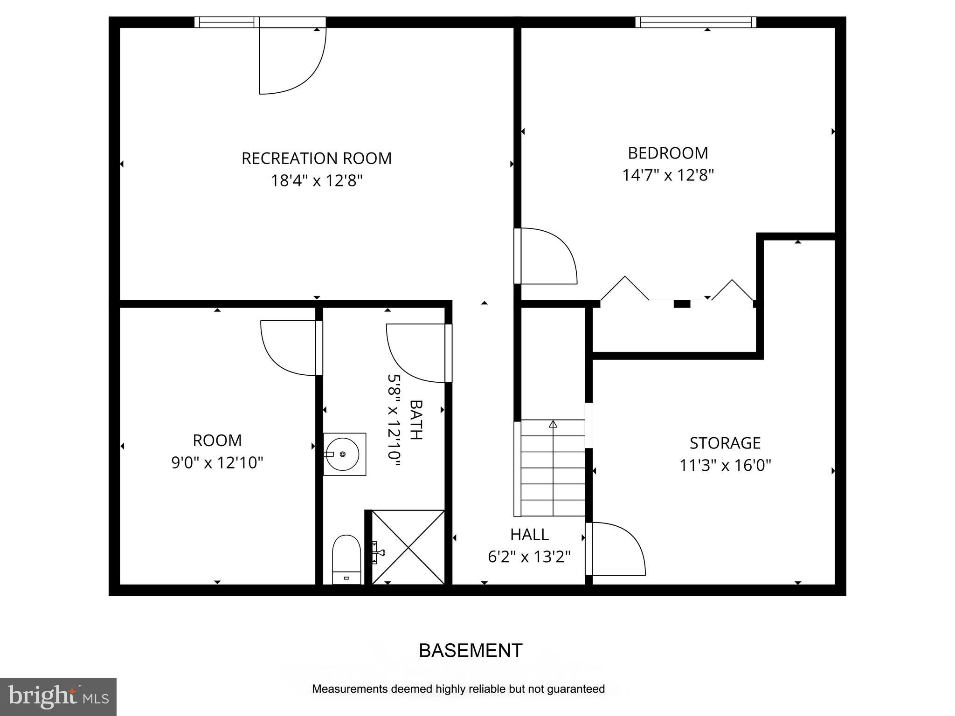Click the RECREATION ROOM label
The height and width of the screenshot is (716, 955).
[x=316, y=158]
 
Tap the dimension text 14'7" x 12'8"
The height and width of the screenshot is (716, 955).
[x=668, y=176]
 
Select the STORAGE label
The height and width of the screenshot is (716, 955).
[x=725, y=443]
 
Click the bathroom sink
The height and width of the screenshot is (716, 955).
[x=344, y=454]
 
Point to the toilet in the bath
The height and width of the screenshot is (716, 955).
[x=346, y=560]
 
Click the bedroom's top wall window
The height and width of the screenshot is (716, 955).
[x=695, y=22]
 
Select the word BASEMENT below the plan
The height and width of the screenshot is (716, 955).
[x=471, y=650]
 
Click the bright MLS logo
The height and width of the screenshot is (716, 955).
[x=58, y=696]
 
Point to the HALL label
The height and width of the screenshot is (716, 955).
[x=529, y=535]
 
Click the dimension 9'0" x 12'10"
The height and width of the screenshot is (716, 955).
[x=217, y=463]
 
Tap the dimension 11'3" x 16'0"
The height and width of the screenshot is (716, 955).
[x=725, y=465]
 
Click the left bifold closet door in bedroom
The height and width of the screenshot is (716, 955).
[x=625, y=289]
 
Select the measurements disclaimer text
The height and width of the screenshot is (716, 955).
[x=458, y=689]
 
